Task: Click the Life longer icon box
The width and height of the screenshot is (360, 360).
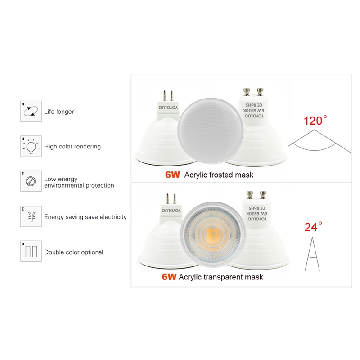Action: pyautogui.click(x=31, y=111)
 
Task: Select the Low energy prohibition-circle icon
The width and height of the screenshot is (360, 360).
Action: pyautogui.click(x=31, y=182)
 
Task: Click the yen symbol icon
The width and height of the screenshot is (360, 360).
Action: pyautogui.click(x=31, y=217)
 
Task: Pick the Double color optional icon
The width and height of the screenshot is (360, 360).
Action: pyautogui.click(x=31, y=252)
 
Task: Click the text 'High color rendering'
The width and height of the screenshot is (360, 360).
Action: pyautogui.click(x=72, y=147)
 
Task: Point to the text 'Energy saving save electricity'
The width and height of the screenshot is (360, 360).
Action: pyautogui.click(x=85, y=217)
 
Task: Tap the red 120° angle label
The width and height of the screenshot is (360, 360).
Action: pyautogui.click(x=315, y=121)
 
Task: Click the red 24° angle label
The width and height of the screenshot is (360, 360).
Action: pyautogui.click(x=313, y=227)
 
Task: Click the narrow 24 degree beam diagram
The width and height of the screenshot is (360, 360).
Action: pyautogui.click(x=312, y=254)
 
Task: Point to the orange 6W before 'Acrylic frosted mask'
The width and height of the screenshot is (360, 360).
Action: pyautogui.click(x=172, y=175)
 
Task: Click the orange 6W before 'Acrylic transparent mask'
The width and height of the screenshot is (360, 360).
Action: pyautogui.click(x=169, y=277)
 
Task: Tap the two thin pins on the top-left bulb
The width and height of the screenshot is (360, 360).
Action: pyautogui.click(x=168, y=96)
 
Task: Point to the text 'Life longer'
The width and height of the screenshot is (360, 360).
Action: pyautogui.click(x=59, y=112)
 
